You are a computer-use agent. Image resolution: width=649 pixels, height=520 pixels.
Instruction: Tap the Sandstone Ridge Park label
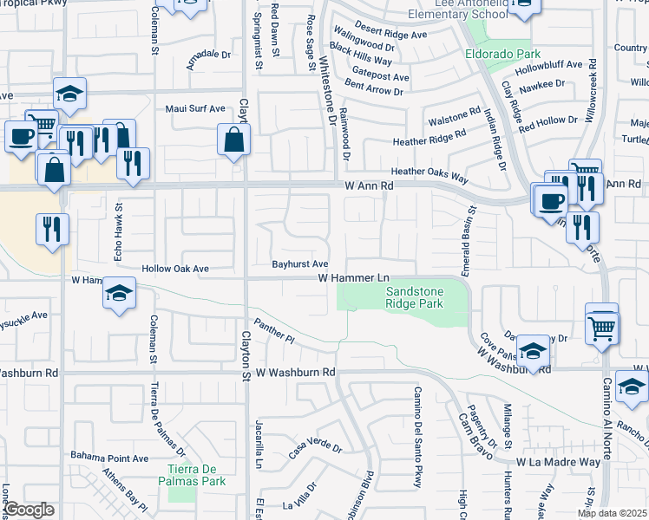414,298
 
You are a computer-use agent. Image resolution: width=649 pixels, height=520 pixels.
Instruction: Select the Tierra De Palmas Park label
196,475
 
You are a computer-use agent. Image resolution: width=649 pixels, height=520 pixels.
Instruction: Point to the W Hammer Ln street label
353,277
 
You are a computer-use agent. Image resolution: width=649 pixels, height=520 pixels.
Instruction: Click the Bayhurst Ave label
299,263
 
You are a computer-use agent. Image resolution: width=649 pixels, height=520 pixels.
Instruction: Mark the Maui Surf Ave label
195,109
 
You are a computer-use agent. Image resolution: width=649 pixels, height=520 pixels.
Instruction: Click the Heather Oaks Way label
429,173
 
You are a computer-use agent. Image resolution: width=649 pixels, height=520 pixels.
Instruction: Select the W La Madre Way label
558,463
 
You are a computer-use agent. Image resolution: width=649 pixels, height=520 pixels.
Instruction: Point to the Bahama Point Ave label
110,458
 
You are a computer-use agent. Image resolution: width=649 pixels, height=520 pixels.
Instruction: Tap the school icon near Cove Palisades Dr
534,349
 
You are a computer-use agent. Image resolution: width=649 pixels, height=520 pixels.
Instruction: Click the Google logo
29,510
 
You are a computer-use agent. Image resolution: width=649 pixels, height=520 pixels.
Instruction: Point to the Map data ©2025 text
612,513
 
